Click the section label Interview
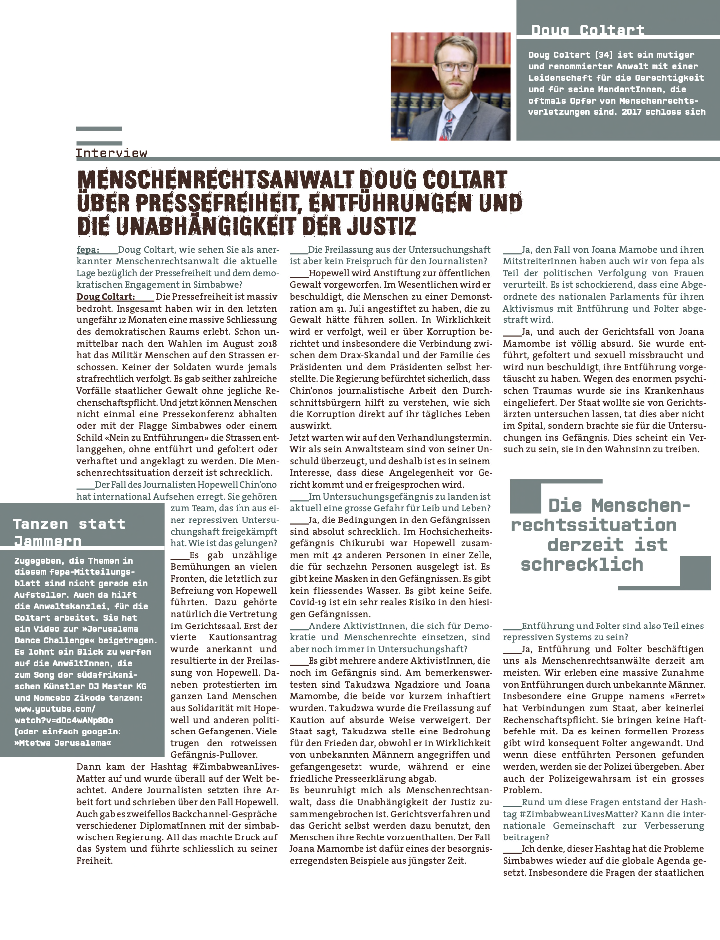pos(112,153)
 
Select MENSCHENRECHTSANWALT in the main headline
pos(215,180)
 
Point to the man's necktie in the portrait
pos(448,124)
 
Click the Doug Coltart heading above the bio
pos(588,30)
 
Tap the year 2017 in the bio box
pos(631,112)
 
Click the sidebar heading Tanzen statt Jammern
pos(69,532)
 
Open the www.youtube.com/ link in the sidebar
pos(55,709)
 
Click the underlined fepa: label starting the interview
pos(88,250)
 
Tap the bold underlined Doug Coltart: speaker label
pos(106,297)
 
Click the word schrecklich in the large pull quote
pos(582,565)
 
